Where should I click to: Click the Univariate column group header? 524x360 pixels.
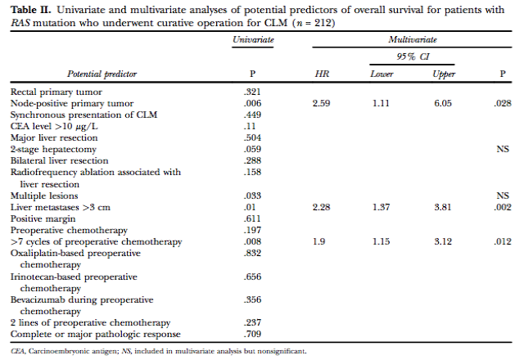[253, 40]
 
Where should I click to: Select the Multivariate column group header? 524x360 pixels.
[413, 40]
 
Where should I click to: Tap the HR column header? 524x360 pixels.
[322, 74]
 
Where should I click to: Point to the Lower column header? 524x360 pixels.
[382, 74]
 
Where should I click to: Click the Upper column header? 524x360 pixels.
[444, 74]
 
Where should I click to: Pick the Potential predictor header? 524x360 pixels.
[102, 74]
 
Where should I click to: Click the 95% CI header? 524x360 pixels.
[413, 56]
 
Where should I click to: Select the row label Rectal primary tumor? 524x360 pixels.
[56, 92]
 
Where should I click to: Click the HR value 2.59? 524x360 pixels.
[321, 103]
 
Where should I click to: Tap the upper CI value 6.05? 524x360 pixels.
[443, 103]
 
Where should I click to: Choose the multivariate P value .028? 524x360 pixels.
[503, 103]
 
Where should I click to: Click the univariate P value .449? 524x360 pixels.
[252, 115]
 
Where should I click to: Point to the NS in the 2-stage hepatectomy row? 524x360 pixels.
[503, 149]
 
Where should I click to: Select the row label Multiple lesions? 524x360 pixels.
[44, 196]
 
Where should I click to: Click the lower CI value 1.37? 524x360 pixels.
[381, 207]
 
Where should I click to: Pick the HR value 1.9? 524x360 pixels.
[318, 241]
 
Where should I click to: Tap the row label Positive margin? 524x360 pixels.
[43, 219]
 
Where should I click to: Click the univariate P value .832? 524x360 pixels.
[252, 253]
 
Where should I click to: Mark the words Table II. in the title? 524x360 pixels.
[31, 10]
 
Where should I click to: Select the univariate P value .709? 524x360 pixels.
[252, 334]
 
